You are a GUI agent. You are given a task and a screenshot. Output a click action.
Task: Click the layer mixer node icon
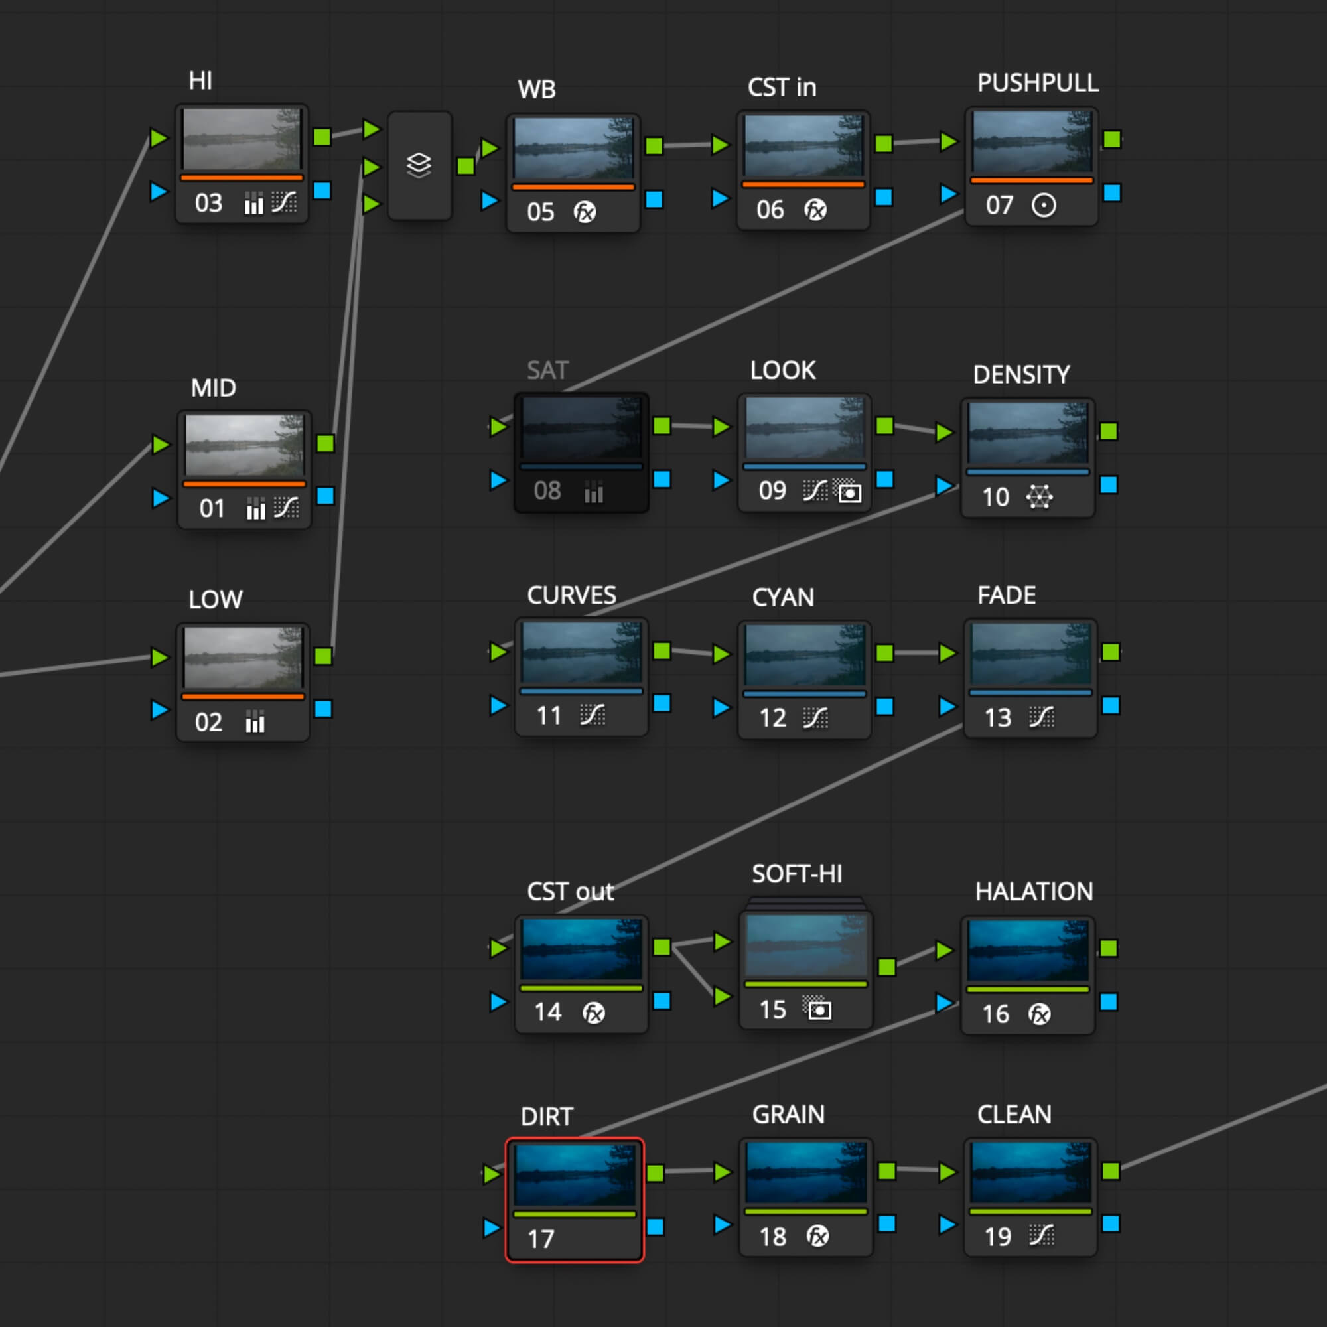click(419, 165)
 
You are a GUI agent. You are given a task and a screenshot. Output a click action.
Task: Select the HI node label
click(200, 81)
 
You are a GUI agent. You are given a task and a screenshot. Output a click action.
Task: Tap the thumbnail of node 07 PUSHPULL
click(1032, 142)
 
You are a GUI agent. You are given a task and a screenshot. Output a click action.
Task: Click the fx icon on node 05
click(585, 212)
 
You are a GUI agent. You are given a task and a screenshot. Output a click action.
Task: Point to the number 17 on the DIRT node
click(541, 1239)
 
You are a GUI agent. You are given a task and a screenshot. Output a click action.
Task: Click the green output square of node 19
click(1111, 1170)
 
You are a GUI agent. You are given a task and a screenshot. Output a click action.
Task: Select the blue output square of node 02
click(323, 708)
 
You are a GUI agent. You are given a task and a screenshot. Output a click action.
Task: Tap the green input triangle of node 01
click(161, 444)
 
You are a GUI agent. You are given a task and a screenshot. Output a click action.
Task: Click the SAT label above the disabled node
click(547, 370)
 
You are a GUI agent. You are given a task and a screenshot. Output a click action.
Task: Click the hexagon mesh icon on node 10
click(1039, 496)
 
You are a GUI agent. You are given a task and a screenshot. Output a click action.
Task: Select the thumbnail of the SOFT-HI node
click(805, 945)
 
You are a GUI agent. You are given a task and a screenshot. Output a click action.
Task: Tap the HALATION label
click(1034, 892)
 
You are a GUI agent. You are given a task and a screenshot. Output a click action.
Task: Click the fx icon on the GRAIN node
click(817, 1236)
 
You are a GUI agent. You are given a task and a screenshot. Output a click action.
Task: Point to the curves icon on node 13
click(1041, 717)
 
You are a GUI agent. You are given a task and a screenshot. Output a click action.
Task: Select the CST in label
click(782, 87)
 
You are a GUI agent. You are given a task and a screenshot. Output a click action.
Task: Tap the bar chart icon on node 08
click(593, 491)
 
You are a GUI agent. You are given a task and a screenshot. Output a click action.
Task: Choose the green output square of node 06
click(883, 143)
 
